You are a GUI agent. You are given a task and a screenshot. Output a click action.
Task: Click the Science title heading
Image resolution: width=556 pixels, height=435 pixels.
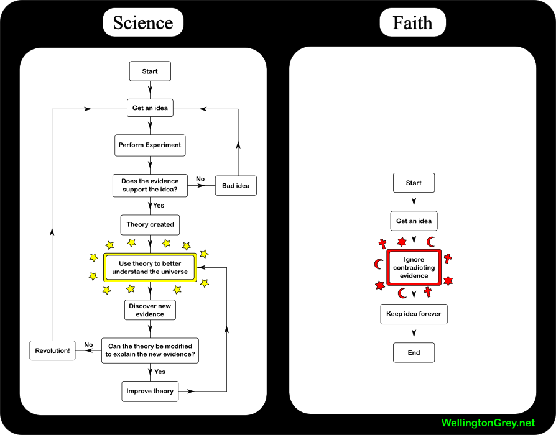[x=143, y=23]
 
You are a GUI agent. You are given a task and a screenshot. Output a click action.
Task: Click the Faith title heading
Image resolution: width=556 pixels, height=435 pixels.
[x=412, y=23]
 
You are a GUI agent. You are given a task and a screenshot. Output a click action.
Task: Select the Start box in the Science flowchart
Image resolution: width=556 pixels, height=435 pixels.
[x=150, y=71]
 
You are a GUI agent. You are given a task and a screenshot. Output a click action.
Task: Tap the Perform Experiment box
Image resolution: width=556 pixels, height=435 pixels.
[x=150, y=145]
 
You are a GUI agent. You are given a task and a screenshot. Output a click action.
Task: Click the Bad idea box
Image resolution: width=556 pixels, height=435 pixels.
[x=235, y=185]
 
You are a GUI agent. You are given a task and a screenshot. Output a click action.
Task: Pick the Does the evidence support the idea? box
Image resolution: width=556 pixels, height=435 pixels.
[x=150, y=185]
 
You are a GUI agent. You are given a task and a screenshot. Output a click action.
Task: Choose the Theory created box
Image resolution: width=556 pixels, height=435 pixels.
[x=150, y=224]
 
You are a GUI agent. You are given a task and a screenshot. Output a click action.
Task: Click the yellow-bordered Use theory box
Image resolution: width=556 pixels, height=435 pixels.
[x=150, y=268]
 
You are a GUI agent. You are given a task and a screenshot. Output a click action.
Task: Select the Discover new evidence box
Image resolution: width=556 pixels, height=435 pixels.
[x=150, y=309]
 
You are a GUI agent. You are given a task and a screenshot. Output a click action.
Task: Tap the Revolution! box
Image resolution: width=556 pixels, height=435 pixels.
[x=52, y=350]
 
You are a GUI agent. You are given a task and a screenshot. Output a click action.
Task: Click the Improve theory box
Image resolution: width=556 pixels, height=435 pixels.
[x=150, y=391]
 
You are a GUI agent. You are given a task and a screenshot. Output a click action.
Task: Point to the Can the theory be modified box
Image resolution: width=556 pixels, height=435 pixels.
[x=150, y=350]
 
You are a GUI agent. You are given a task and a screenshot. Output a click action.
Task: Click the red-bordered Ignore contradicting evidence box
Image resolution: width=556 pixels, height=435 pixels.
[x=414, y=267]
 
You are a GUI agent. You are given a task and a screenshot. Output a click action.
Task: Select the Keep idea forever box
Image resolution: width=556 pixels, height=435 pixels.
[x=414, y=314]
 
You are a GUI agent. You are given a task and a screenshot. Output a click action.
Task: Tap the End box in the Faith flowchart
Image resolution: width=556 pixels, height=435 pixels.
[x=414, y=352]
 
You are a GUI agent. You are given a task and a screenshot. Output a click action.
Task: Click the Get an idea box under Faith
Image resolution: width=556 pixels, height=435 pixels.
[x=414, y=221]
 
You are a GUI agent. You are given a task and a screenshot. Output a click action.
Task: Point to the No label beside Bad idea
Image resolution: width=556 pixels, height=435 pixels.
[x=200, y=179]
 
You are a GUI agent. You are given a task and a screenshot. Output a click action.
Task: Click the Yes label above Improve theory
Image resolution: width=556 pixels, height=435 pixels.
[x=160, y=372]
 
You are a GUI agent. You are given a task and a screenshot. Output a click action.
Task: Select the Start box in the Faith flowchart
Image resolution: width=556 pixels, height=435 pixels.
[x=414, y=183]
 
